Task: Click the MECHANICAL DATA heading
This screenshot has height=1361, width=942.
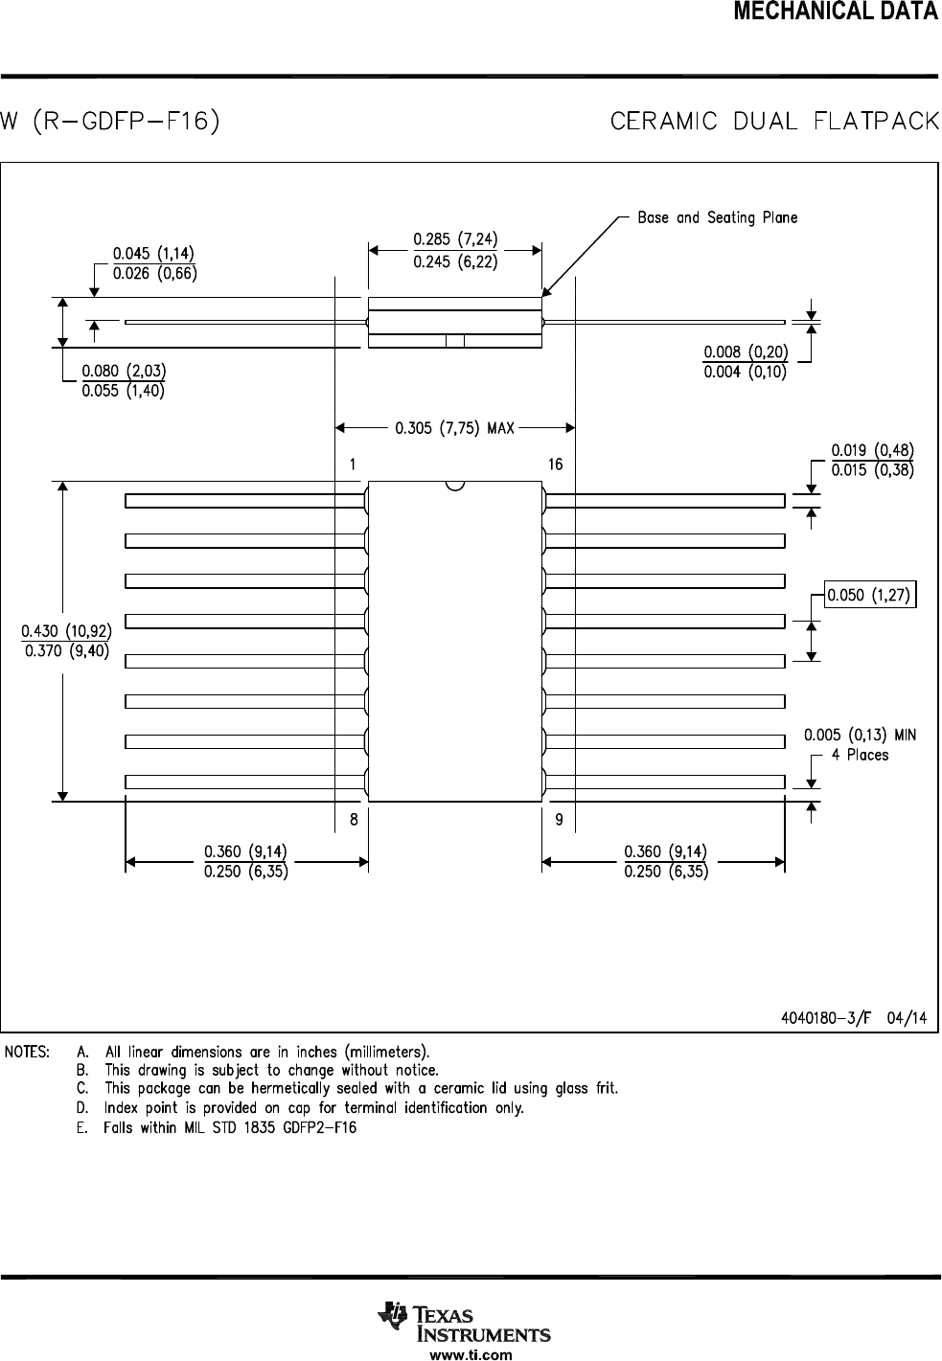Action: pyautogui.click(x=835, y=11)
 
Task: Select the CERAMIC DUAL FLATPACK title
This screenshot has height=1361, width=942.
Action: pyautogui.click(x=774, y=123)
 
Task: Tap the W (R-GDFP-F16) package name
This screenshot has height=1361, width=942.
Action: pyautogui.click(x=110, y=123)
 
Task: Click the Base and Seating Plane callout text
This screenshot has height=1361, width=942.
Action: pyautogui.click(x=717, y=217)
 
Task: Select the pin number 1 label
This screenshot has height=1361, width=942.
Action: pyautogui.click(x=354, y=465)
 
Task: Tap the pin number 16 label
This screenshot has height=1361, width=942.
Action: pyautogui.click(x=555, y=465)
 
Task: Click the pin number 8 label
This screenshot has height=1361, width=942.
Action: pyautogui.click(x=354, y=819)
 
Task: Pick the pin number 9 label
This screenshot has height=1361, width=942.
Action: pyautogui.click(x=559, y=819)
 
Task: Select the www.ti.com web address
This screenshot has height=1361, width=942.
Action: pyautogui.click(x=471, y=1354)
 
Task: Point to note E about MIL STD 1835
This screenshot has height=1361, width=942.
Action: pyautogui.click(x=217, y=1127)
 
